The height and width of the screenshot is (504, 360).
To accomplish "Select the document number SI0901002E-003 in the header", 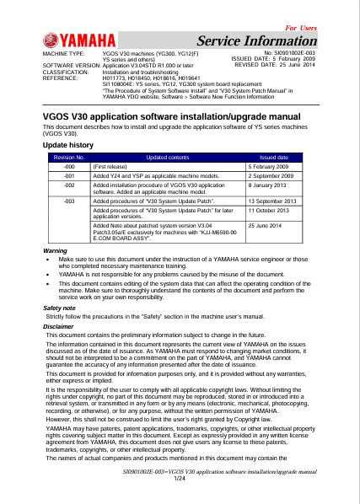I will click(289, 53).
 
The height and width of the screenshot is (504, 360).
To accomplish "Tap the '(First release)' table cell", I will click(110, 167).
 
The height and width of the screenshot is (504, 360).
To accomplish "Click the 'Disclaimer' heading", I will click(57, 325).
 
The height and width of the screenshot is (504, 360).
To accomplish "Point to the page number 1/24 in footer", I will click(179, 478).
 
